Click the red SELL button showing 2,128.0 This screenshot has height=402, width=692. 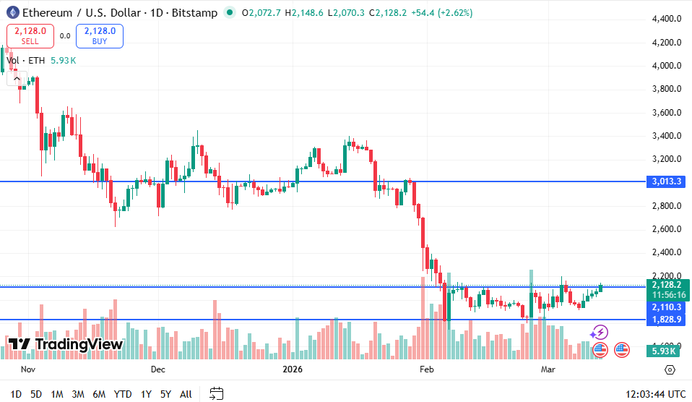point(30,35)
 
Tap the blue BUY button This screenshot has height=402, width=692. point(99,35)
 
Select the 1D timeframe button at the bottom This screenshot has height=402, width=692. point(16,394)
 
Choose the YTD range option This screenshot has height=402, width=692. point(123,394)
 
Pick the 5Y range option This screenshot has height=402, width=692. point(165,394)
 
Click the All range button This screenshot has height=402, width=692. point(186,394)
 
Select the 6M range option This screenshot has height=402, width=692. point(99,394)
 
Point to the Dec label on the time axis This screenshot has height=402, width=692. point(158,369)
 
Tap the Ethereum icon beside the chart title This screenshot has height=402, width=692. point(12,12)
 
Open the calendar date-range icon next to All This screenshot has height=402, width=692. point(216,394)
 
